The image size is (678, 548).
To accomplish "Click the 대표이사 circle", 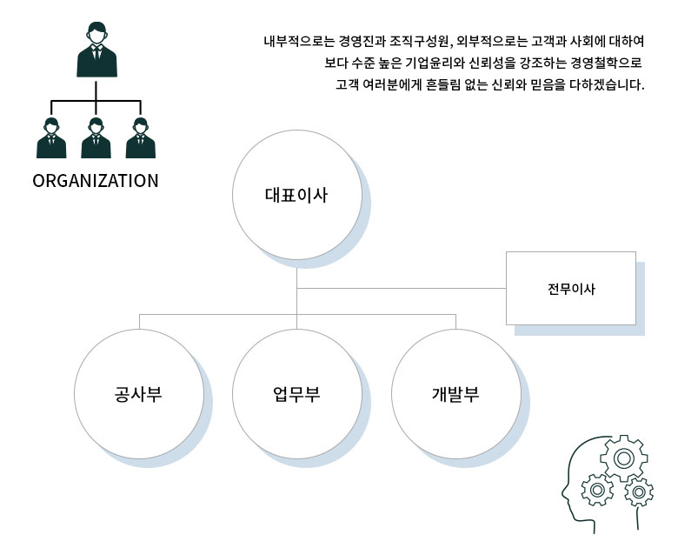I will click(296, 196).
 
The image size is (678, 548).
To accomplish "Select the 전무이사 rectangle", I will click(571, 289).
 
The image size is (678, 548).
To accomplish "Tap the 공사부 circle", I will click(139, 392).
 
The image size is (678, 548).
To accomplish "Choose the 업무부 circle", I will click(296, 392).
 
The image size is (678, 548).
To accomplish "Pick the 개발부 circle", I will click(455, 392).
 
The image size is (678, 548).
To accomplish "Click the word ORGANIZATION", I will click(96, 182).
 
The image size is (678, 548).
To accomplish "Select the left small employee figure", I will click(51, 138).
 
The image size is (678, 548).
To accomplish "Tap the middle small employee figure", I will click(96, 138).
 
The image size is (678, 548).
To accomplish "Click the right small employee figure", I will click(140, 138).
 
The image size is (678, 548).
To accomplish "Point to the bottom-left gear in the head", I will click(597, 491).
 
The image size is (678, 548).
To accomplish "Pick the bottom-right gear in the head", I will click(639, 492).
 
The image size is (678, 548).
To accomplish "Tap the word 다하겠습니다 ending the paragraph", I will click(608, 86).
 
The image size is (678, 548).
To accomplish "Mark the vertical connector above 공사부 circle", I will click(139, 321).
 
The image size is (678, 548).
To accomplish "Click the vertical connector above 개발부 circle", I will click(455, 321).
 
